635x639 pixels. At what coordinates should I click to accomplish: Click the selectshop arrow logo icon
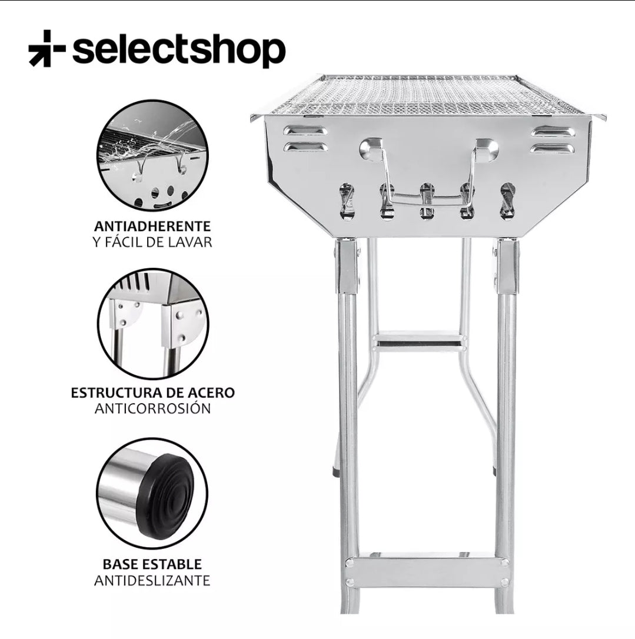pos(46,48)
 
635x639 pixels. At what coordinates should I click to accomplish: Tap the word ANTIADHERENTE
pos(152,226)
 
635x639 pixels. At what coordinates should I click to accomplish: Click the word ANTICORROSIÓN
pos(152,408)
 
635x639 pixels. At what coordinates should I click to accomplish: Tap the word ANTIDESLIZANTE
pos(152,581)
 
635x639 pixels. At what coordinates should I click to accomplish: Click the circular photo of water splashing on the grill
pos(152,155)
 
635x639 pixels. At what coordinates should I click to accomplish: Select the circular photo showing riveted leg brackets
pos(152,324)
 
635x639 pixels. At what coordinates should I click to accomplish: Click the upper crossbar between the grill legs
pos(418,340)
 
